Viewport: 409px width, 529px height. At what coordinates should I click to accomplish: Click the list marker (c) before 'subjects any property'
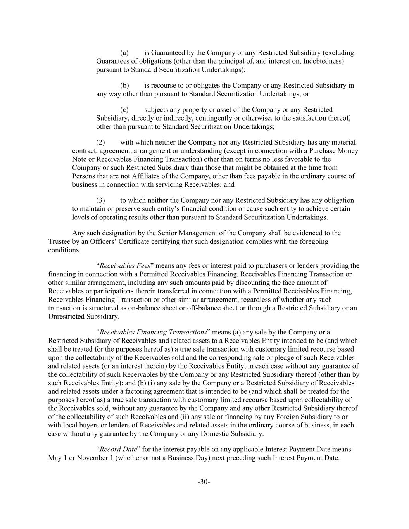pyautogui.click(x=124, y=110)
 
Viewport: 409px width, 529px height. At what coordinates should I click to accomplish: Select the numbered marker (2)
pyautogui.click(x=100, y=142)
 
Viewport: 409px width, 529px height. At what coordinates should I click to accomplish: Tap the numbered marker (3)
pyautogui.click(x=100, y=200)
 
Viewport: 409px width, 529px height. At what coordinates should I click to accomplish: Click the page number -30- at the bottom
pyautogui.click(x=204, y=482)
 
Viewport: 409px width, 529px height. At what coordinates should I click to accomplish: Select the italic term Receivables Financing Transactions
pyautogui.click(x=153, y=333)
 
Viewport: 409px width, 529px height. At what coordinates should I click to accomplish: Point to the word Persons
pyautogui.click(x=84, y=176)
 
